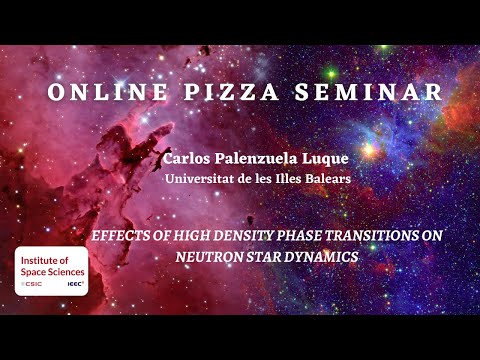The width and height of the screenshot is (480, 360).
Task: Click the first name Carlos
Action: [190, 160]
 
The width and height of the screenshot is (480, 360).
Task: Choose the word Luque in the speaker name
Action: [322, 160]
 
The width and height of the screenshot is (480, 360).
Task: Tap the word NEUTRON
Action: [208, 256]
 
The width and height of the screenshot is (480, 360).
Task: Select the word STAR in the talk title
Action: [266, 256]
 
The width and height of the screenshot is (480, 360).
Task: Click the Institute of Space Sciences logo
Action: [51, 271]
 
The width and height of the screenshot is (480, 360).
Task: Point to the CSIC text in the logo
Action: [35, 285]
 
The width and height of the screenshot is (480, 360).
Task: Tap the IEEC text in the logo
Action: [74, 285]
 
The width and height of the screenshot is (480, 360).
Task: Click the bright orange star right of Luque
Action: [369, 151]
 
